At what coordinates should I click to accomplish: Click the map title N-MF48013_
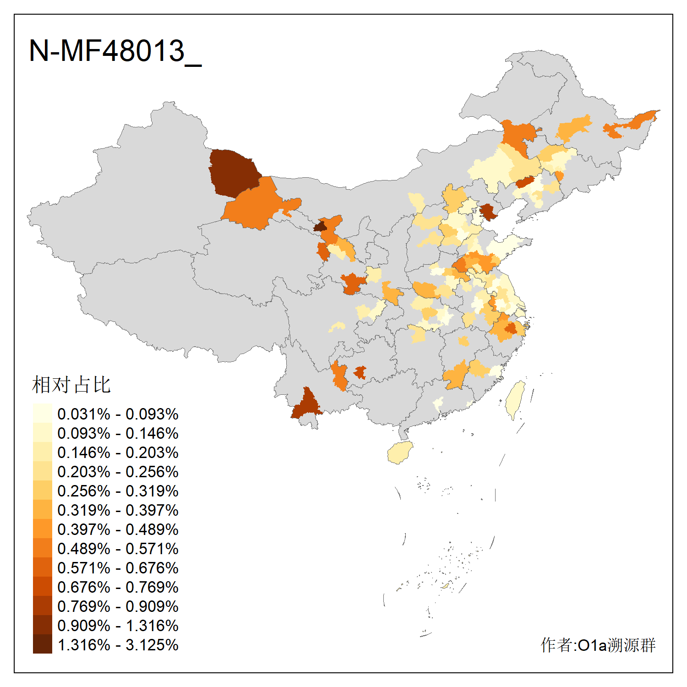pyautogui.click(x=115, y=51)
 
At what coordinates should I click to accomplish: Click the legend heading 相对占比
pyautogui.click(x=71, y=385)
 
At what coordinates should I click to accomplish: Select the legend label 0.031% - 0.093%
pyautogui.click(x=118, y=414)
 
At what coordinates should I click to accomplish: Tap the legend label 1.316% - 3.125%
pyautogui.click(x=118, y=645)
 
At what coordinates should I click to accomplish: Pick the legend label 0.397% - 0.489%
pyautogui.click(x=118, y=529)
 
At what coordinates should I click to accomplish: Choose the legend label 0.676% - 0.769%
pyautogui.click(x=118, y=587)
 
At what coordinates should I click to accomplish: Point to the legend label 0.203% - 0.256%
pyautogui.click(x=118, y=472)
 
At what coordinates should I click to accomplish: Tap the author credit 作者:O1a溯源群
pyautogui.click(x=598, y=645)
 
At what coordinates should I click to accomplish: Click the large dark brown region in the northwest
pyautogui.click(x=233, y=172)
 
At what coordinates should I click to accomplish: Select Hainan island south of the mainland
pyautogui.click(x=400, y=453)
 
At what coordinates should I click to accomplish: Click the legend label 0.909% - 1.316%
pyautogui.click(x=118, y=626)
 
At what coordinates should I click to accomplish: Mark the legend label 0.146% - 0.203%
pyautogui.click(x=118, y=453)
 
